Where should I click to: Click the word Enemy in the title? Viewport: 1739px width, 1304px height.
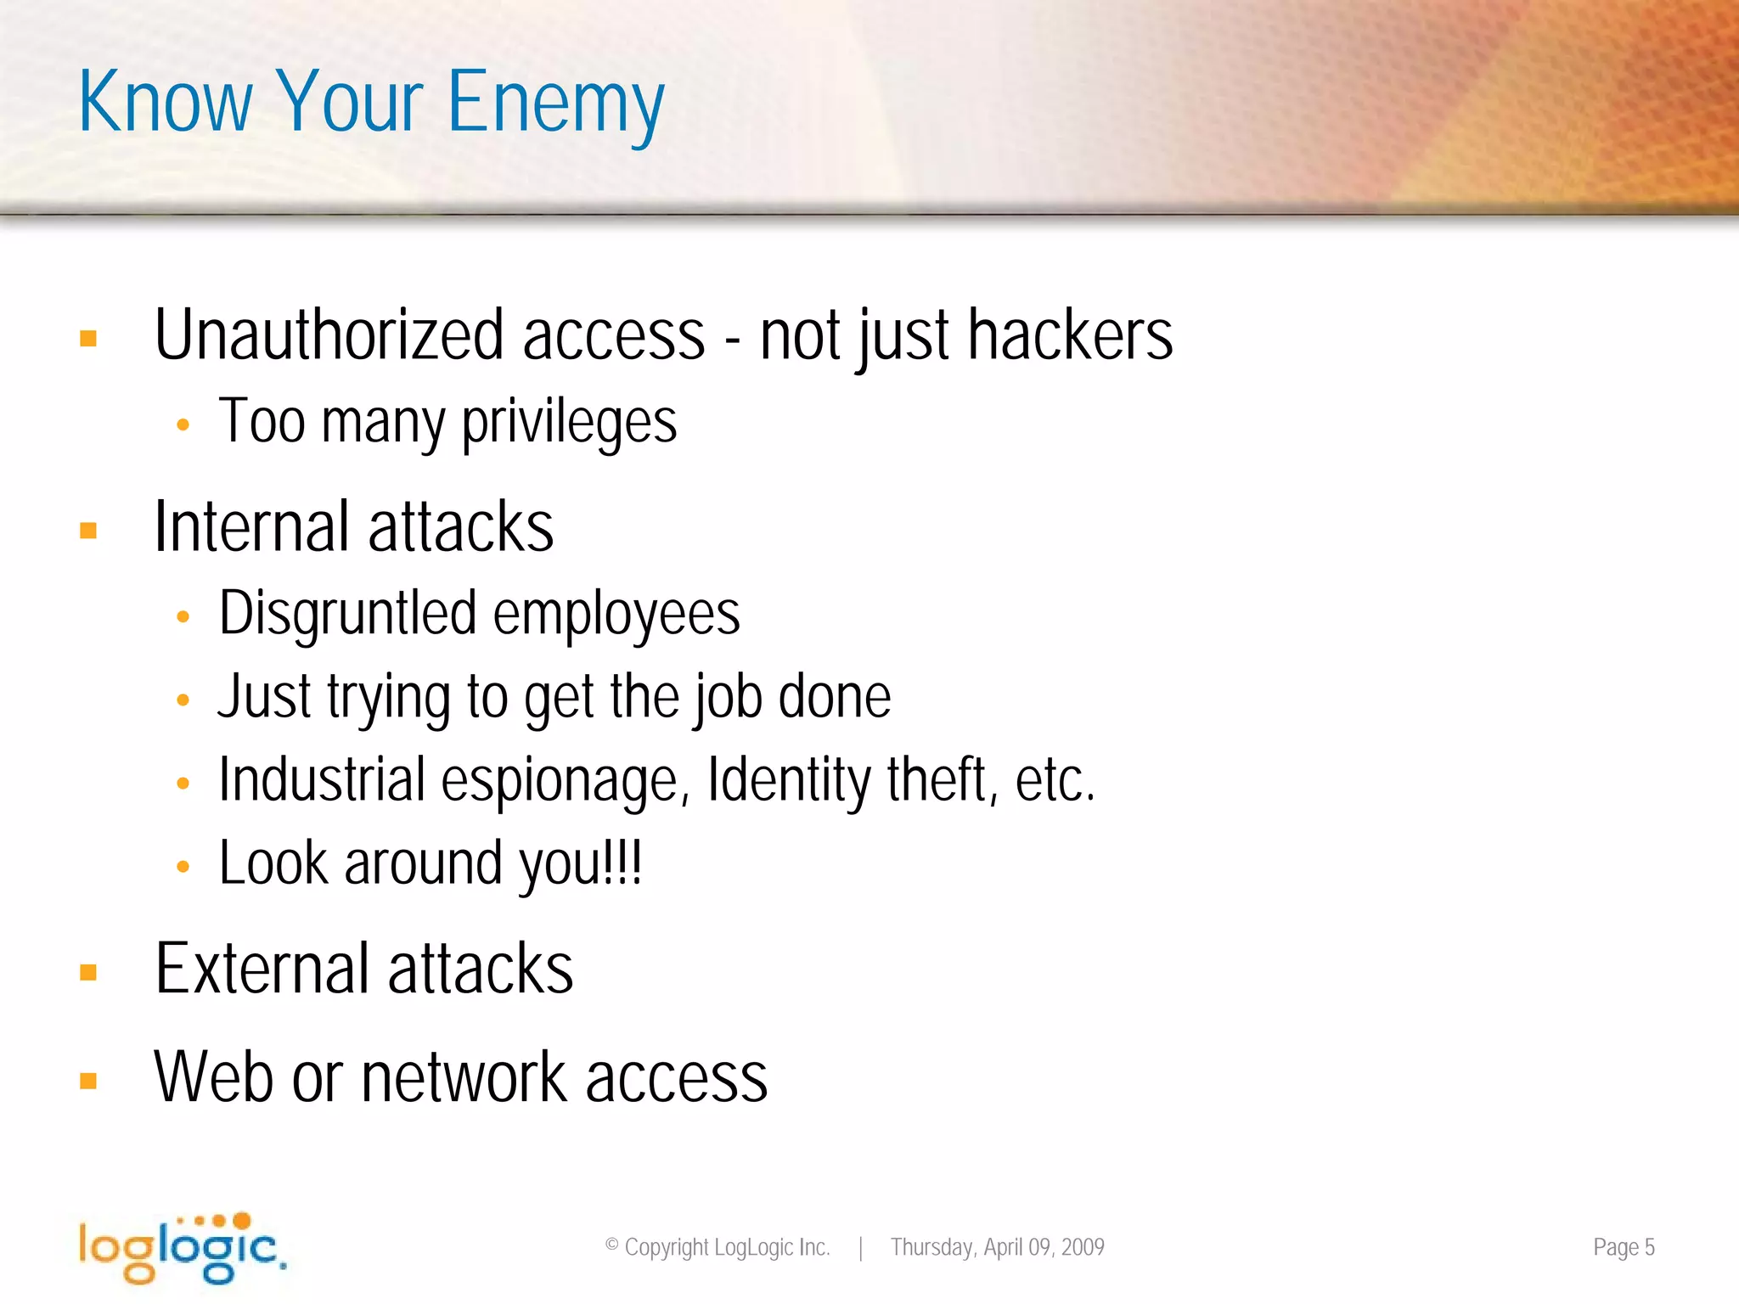(555, 104)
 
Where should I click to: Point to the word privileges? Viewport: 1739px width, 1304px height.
(569, 422)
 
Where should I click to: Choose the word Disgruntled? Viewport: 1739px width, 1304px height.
(347, 614)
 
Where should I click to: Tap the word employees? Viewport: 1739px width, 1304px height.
(616, 614)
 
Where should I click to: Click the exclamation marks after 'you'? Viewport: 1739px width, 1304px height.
(622, 863)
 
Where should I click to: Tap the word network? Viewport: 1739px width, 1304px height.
(464, 1077)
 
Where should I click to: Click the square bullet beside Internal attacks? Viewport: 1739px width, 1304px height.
(88, 531)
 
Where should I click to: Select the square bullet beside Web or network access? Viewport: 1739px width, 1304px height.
(88, 1081)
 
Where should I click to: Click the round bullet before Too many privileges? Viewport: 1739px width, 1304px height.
(183, 424)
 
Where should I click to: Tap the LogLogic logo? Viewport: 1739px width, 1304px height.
(182, 1247)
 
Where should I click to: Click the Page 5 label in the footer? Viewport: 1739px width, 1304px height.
(1624, 1247)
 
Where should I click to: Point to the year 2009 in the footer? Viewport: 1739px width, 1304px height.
(1083, 1247)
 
